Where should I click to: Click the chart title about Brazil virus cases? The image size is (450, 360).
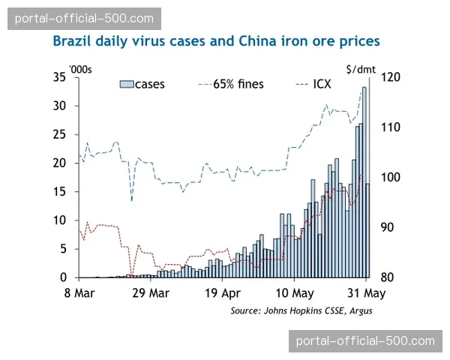216,40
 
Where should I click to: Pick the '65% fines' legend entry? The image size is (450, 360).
230,84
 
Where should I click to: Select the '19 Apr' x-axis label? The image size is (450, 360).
222,293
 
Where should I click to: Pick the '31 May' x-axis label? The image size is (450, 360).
366,293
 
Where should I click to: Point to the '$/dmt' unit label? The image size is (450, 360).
361,69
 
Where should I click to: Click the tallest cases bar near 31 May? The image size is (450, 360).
364,180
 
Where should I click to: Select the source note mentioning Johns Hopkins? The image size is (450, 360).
301,310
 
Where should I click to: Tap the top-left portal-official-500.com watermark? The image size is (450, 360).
84,18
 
